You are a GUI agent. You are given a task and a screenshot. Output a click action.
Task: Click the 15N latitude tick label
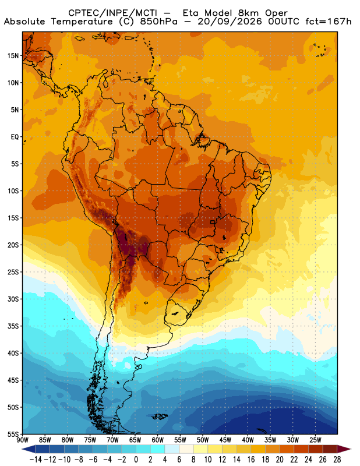(x=13, y=56)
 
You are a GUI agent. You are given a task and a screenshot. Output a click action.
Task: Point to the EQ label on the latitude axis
(x=15, y=137)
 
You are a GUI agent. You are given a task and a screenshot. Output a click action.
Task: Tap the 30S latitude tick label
(x=13, y=299)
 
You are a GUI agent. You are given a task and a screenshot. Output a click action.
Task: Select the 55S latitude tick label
(x=13, y=434)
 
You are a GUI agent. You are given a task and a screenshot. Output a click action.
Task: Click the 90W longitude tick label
(x=23, y=440)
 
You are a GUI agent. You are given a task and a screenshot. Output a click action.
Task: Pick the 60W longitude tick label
(x=157, y=440)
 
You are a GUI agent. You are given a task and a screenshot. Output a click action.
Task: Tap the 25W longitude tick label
(x=315, y=440)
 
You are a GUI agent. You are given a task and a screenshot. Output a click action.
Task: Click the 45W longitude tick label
(x=225, y=440)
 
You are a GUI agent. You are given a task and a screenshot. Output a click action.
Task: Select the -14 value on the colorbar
(x=36, y=460)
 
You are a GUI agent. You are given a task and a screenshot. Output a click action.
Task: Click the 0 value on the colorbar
(x=136, y=460)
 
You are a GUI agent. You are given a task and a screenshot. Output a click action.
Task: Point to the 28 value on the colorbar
(x=337, y=460)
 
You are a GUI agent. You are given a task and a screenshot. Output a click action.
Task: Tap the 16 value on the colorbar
(x=251, y=460)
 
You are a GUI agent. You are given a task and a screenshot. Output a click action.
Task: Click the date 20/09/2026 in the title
(x=229, y=22)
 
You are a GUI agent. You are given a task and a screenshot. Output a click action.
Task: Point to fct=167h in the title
(x=329, y=22)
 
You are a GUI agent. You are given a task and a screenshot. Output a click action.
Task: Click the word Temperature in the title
(x=82, y=22)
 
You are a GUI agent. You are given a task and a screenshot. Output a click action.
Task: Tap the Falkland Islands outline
(x=160, y=416)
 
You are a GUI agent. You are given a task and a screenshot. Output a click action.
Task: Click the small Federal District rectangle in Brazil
(x=213, y=222)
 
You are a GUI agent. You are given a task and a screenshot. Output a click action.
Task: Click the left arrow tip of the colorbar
(x=22, y=449)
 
